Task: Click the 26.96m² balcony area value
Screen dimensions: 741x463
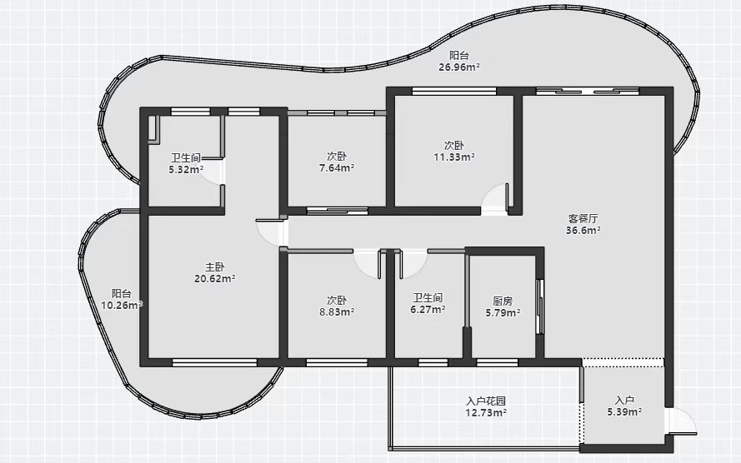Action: (459, 67)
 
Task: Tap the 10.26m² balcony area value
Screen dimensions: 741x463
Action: (122, 306)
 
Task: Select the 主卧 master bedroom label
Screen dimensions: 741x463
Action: (214, 267)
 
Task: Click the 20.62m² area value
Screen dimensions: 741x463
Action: (214, 278)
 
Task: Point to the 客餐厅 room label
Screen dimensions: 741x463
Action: (583, 218)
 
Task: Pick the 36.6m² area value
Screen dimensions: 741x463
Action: (583, 231)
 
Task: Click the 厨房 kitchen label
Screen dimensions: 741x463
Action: (503, 301)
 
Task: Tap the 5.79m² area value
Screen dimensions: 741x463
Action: (503, 312)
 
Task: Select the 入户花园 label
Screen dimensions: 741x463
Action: (486, 401)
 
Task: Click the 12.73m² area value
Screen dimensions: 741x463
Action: (486, 413)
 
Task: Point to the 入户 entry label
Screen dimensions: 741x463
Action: (625, 401)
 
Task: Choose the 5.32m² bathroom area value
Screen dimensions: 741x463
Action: (186, 169)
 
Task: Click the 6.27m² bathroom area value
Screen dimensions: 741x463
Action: (428, 310)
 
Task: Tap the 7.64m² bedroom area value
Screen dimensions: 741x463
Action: (337, 168)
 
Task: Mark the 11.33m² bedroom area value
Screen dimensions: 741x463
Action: (454, 157)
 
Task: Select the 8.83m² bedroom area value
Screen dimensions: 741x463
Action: (337, 312)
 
